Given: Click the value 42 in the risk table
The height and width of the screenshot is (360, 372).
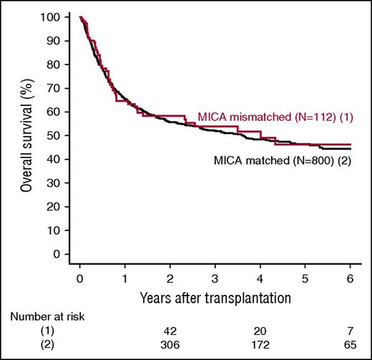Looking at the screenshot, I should pos(170,333).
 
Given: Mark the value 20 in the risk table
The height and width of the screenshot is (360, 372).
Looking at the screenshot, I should pos(260,333).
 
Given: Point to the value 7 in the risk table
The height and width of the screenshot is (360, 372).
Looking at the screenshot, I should pos(351,333).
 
